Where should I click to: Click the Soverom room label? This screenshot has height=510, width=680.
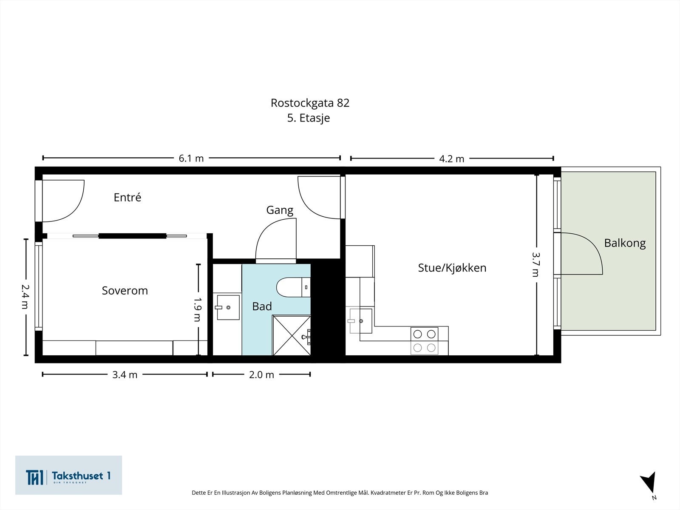[x=125, y=291]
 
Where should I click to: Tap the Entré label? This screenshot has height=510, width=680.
[x=127, y=197]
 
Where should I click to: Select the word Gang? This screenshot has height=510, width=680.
[x=280, y=210]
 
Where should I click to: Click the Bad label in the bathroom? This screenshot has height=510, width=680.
[x=262, y=306]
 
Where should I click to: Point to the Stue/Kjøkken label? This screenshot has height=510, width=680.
[x=452, y=268]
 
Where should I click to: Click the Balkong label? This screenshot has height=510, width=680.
[x=624, y=243]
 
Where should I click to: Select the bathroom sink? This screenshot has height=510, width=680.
[x=228, y=307]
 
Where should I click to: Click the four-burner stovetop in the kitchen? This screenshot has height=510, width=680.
[x=424, y=341]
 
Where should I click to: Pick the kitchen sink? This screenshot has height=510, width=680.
[x=360, y=321]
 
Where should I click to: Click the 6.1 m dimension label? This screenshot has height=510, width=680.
[x=191, y=159]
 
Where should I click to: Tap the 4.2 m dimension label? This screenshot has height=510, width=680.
[x=451, y=159]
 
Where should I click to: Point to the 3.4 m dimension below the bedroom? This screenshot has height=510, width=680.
[x=125, y=375]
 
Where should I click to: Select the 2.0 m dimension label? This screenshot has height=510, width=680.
[x=261, y=375]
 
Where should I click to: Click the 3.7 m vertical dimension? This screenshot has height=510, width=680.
[x=535, y=264]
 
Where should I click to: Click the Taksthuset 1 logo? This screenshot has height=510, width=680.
[x=68, y=475]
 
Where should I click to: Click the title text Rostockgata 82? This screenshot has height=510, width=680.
[x=310, y=103]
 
